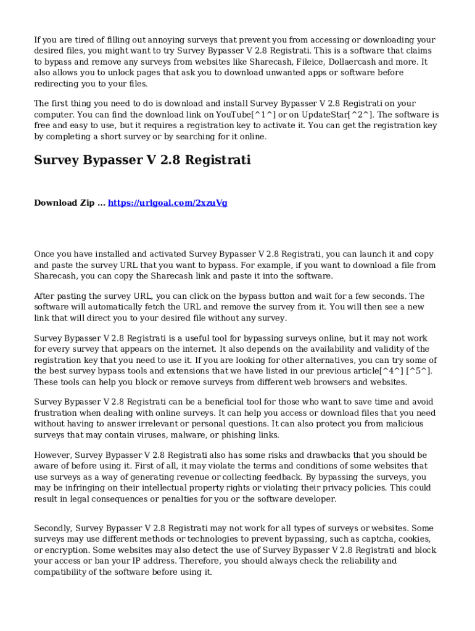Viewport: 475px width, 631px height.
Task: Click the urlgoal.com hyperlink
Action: point(168,203)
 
